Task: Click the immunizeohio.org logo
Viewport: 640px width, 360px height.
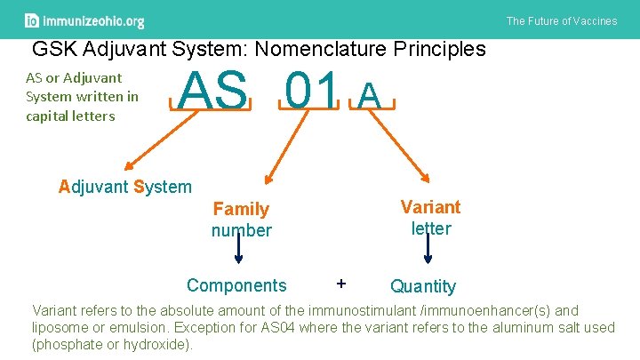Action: (84, 20)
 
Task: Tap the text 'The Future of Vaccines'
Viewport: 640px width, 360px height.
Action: (561, 20)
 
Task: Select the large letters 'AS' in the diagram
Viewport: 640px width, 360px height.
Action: (213, 92)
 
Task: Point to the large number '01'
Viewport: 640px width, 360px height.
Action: (309, 92)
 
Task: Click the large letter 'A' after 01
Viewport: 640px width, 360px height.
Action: (372, 93)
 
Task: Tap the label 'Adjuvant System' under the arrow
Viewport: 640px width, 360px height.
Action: (124, 187)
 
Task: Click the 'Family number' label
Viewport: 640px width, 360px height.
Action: (241, 220)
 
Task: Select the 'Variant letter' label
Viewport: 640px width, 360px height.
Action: (430, 218)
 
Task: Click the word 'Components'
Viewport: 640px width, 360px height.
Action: (236, 285)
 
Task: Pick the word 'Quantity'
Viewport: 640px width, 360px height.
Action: (423, 286)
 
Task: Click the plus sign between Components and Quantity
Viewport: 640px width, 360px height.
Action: (340, 284)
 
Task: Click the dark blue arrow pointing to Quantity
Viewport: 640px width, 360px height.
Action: (428, 249)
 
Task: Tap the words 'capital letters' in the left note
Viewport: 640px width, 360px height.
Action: (70, 116)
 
